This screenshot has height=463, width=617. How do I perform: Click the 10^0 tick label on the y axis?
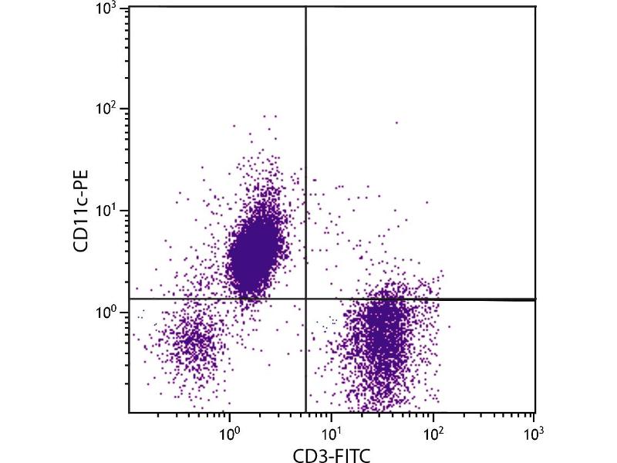pyautogui.click(x=108, y=312)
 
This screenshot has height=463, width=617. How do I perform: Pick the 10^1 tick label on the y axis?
pyautogui.click(x=108, y=211)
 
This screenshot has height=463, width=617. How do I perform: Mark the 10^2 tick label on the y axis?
pyautogui.click(x=108, y=109)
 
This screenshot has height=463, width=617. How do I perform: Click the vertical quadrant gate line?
pyautogui.click(x=306, y=154)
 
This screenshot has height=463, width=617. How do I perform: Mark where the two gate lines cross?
pyautogui.click(x=306, y=299)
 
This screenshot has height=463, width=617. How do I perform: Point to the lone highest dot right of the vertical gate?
pyautogui.click(x=397, y=122)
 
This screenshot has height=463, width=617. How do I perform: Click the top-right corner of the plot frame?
pyautogui.click(x=535, y=7)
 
